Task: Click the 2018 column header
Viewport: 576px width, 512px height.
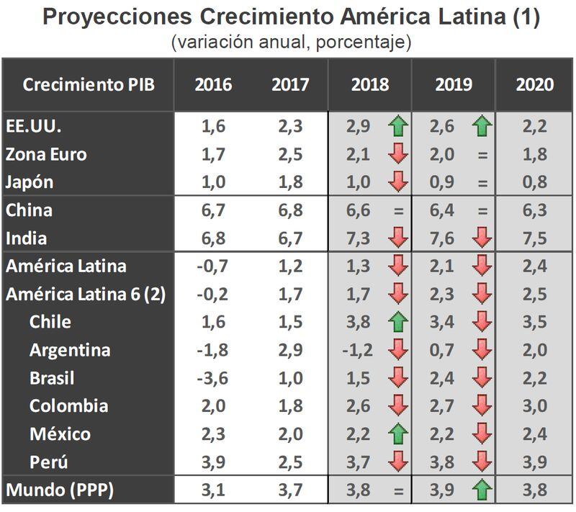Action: click(x=370, y=84)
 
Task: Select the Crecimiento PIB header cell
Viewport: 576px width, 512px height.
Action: click(x=89, y=84)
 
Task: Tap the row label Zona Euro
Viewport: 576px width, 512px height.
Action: click(x=47, y=154)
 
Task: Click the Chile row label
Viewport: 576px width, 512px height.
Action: click(x=50, y=321)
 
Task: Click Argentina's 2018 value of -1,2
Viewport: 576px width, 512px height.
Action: click(x=360, y=351)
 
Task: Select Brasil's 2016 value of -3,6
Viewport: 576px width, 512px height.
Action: click(x=213, y=378)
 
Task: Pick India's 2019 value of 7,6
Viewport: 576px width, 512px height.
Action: click(x=444, y=238)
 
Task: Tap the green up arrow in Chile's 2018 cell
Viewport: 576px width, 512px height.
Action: click(x=398, y=322)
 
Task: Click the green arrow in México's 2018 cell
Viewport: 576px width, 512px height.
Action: click(x=398, y=434)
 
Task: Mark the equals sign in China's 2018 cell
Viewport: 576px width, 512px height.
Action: click(x=398, y=211)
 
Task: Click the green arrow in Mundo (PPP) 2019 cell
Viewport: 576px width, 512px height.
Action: click(x=482, y=490)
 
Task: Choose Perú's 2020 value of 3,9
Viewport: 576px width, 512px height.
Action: click(x=534, y=462)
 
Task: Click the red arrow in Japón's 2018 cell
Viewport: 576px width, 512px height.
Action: click(x=398, y=182)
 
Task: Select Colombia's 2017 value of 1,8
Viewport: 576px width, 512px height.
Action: click(x=290, y=405)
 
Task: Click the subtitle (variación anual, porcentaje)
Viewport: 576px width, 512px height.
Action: click(x=291, y=42)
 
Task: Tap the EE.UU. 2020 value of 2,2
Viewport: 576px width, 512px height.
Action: click(x=534, y=127)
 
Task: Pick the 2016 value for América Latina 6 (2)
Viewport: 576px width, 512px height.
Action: click(x=213, y=294)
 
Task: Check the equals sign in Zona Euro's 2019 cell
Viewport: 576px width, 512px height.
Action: click(x=482, y=155)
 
